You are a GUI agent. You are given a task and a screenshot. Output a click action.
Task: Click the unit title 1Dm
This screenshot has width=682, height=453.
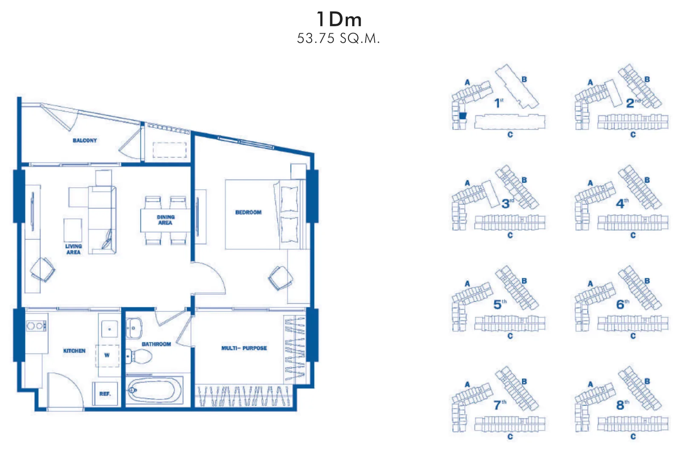click(x=339, y=19)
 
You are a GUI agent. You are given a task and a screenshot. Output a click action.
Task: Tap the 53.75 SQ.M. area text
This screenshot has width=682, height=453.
click(x=338, y=39)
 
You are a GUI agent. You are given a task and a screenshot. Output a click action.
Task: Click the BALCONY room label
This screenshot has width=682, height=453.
click(x=85, y=140)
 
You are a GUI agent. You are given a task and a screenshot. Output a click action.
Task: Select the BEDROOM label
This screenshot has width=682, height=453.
click(x=248, y=212)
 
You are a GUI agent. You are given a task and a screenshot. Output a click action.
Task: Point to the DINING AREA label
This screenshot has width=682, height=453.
click(x=166, y=220)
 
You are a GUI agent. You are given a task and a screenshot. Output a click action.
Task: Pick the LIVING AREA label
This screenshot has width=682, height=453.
click(x=73, y=249)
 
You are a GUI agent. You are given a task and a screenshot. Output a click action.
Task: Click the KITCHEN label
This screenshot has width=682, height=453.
click(x=74, y=351)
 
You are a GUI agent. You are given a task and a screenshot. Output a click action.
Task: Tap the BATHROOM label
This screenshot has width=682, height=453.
click(x=156, y=344)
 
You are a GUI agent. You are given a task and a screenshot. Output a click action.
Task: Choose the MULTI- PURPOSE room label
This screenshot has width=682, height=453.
click(x=244, y=348)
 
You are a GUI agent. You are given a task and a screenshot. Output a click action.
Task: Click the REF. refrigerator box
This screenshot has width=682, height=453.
click(x=105, y=394)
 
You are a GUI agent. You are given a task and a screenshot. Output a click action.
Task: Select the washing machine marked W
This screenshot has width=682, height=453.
click(x=107, y=355)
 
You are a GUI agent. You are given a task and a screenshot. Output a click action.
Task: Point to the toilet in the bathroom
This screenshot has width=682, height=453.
click(x=139, y=356)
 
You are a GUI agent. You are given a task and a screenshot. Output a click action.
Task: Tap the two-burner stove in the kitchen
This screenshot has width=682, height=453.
click(x=36, y=326)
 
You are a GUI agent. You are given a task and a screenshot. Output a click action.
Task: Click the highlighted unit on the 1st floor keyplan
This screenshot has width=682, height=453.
click(x=463, y=115)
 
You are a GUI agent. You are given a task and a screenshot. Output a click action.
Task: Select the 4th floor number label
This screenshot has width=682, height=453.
click(x=622, y=203)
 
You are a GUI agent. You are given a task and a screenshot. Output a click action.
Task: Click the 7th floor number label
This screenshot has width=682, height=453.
click(x=500, y=404)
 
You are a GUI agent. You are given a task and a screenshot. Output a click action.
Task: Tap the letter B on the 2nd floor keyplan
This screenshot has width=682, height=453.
click(x=647, y=79)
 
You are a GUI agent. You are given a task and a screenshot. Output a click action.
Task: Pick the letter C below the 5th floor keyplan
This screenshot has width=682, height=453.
click(x=510, y=336)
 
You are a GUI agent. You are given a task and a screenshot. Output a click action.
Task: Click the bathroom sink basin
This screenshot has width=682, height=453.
click(x=134, y=328)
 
